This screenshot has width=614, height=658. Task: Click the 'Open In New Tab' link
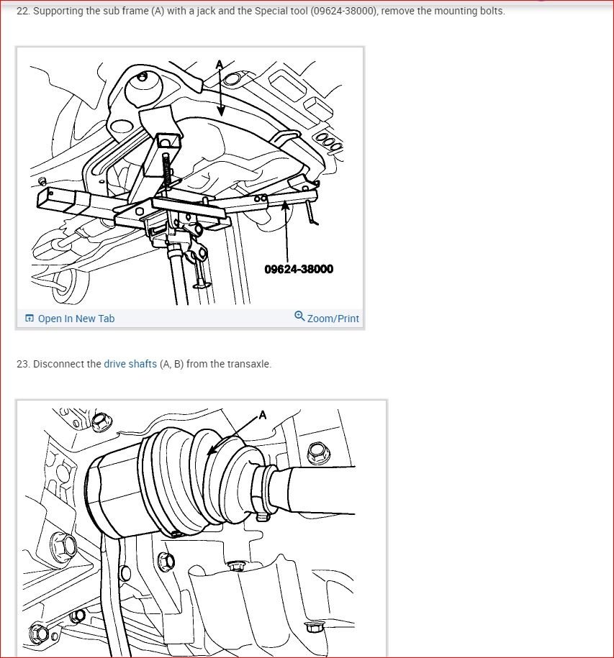[76, 319]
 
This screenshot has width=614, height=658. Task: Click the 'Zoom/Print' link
[333, 319]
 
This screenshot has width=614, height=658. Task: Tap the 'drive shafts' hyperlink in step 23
[130, 364]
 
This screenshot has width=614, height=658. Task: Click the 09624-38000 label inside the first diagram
[299, 269]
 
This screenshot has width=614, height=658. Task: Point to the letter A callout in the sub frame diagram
[220, 65]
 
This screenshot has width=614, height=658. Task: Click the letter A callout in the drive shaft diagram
[263, 415]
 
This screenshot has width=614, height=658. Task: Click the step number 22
[23, 11]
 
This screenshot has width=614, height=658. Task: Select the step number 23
[23, 364]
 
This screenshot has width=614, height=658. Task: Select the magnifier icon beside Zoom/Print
[299, 316]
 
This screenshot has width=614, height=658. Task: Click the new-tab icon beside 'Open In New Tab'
[30, 318]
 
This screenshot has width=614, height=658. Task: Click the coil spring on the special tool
[167, 170]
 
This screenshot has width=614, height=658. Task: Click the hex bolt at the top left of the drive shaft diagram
[100, 421]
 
